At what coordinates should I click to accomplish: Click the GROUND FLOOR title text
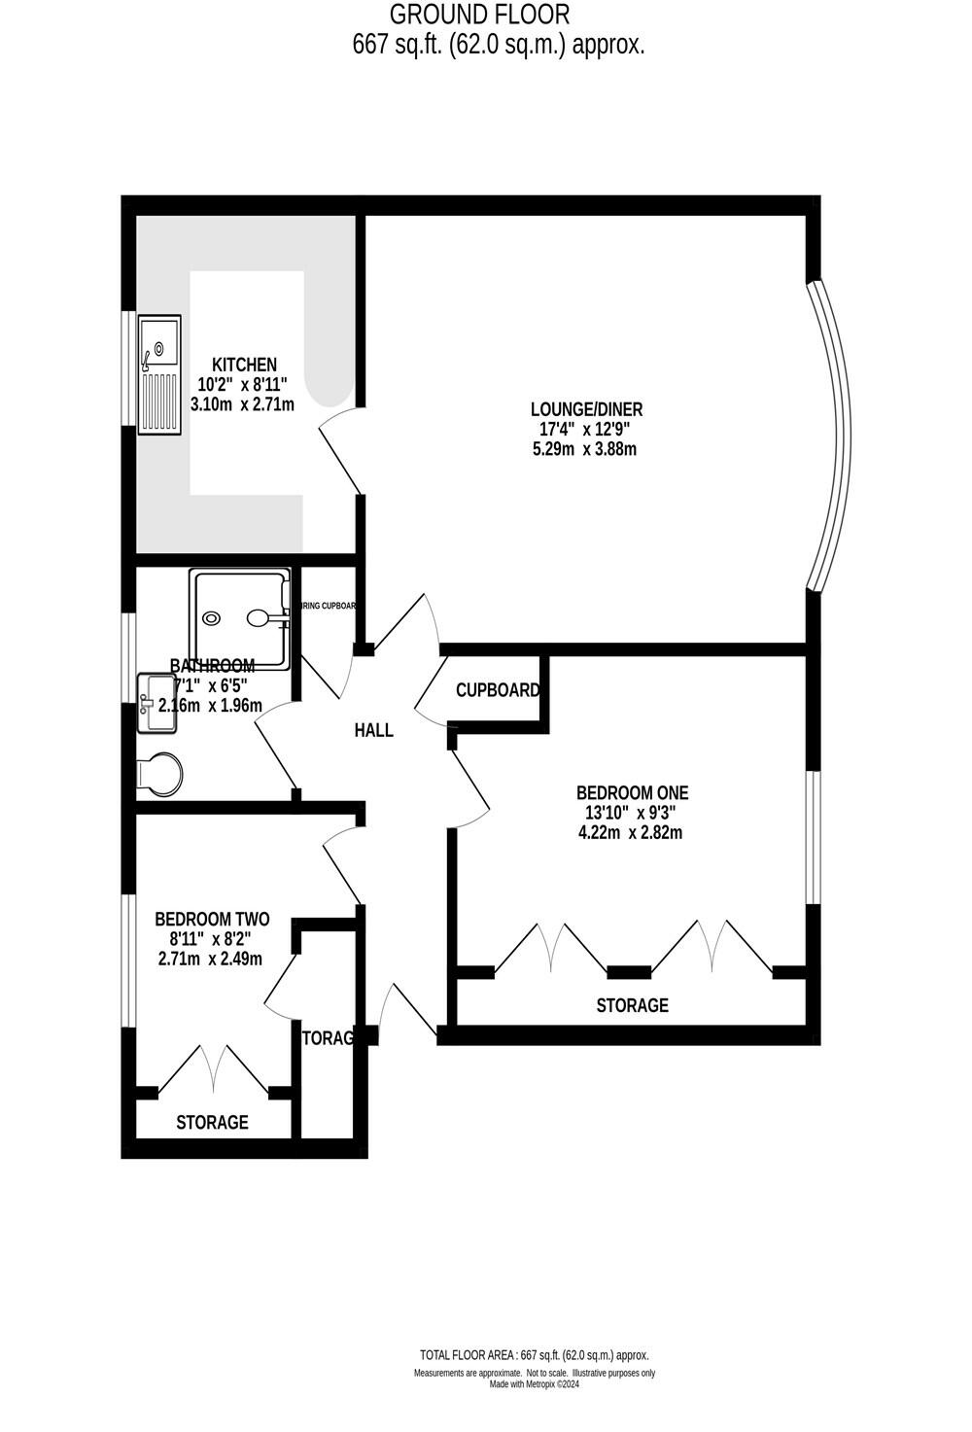pyautogui.click(x=479, y=15)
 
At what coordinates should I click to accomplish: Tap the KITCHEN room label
pyautogui.click(x=244, y=365)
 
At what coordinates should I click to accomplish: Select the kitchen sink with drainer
pyautogui.click(x=159, y=374)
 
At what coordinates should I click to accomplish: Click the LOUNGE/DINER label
pyautogui.click(x=585, y=409)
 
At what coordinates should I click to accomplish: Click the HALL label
pyautogui.click(x=373, y=730)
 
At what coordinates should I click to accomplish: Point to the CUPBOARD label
pyautogui.click(x=498, y=690)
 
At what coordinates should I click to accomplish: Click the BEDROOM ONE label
pyautogui.click(x=632, y=792)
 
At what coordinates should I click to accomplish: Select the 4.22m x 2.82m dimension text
pyautogui.click(x=631, y=832)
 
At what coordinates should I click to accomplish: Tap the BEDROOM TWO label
pyautogui.click(x=212, y=919)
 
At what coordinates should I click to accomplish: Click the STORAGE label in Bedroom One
pyautogui.click(x=632, y=1005)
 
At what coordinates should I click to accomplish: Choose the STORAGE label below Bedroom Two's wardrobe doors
pyautogui.click(x=212, y=1122)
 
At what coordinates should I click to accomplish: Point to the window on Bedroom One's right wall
pyautogui.click(x=812, y=838)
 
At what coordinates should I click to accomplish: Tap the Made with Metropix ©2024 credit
pyautogui.click(x=534, y=1384)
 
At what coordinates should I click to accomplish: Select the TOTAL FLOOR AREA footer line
pyautogui.click(x=534, y=1355)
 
